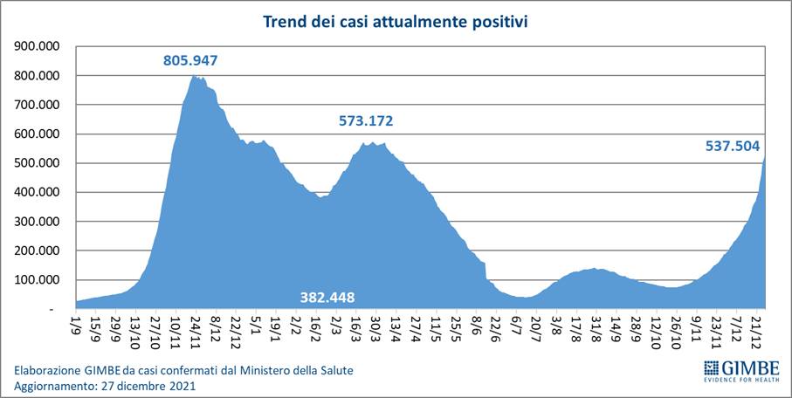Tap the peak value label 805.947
click(190, 61)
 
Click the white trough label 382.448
click(327, 297)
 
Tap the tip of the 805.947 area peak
click(194, 76)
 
